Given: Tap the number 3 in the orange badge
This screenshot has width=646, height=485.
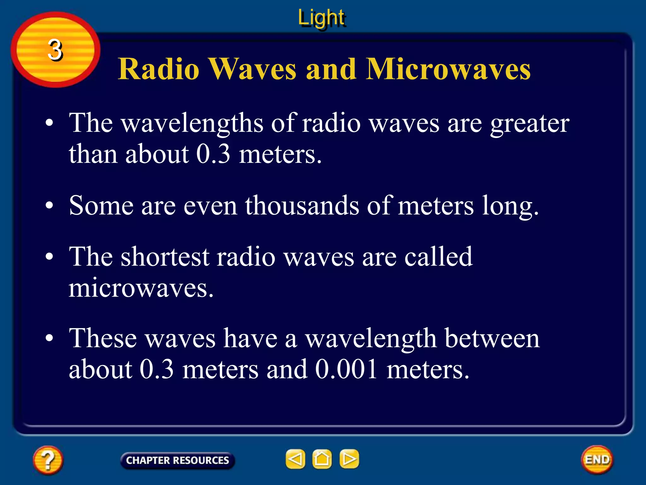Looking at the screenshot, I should [55, 50].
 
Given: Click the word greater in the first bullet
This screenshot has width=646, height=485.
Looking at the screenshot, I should [530, 124].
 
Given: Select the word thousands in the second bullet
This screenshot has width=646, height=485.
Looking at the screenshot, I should [302, 206].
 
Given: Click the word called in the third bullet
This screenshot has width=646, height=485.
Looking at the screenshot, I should [438, 256].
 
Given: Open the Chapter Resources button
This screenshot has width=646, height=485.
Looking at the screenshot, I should [177, 460].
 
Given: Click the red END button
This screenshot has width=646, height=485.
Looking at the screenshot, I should [597, 459].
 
